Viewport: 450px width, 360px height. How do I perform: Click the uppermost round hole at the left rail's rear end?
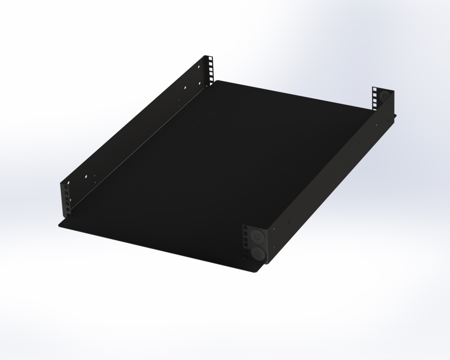(199, 67)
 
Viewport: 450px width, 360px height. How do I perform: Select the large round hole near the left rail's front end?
(86, 176)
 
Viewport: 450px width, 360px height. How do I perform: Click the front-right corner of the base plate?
(259, 272)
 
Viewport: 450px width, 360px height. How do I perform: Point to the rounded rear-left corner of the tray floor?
(216, 81)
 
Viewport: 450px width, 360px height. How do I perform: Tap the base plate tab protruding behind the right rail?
(395, 116)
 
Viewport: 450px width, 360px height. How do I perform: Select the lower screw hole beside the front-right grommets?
(274, 247)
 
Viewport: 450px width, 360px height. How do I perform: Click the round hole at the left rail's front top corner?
(69, 183)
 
